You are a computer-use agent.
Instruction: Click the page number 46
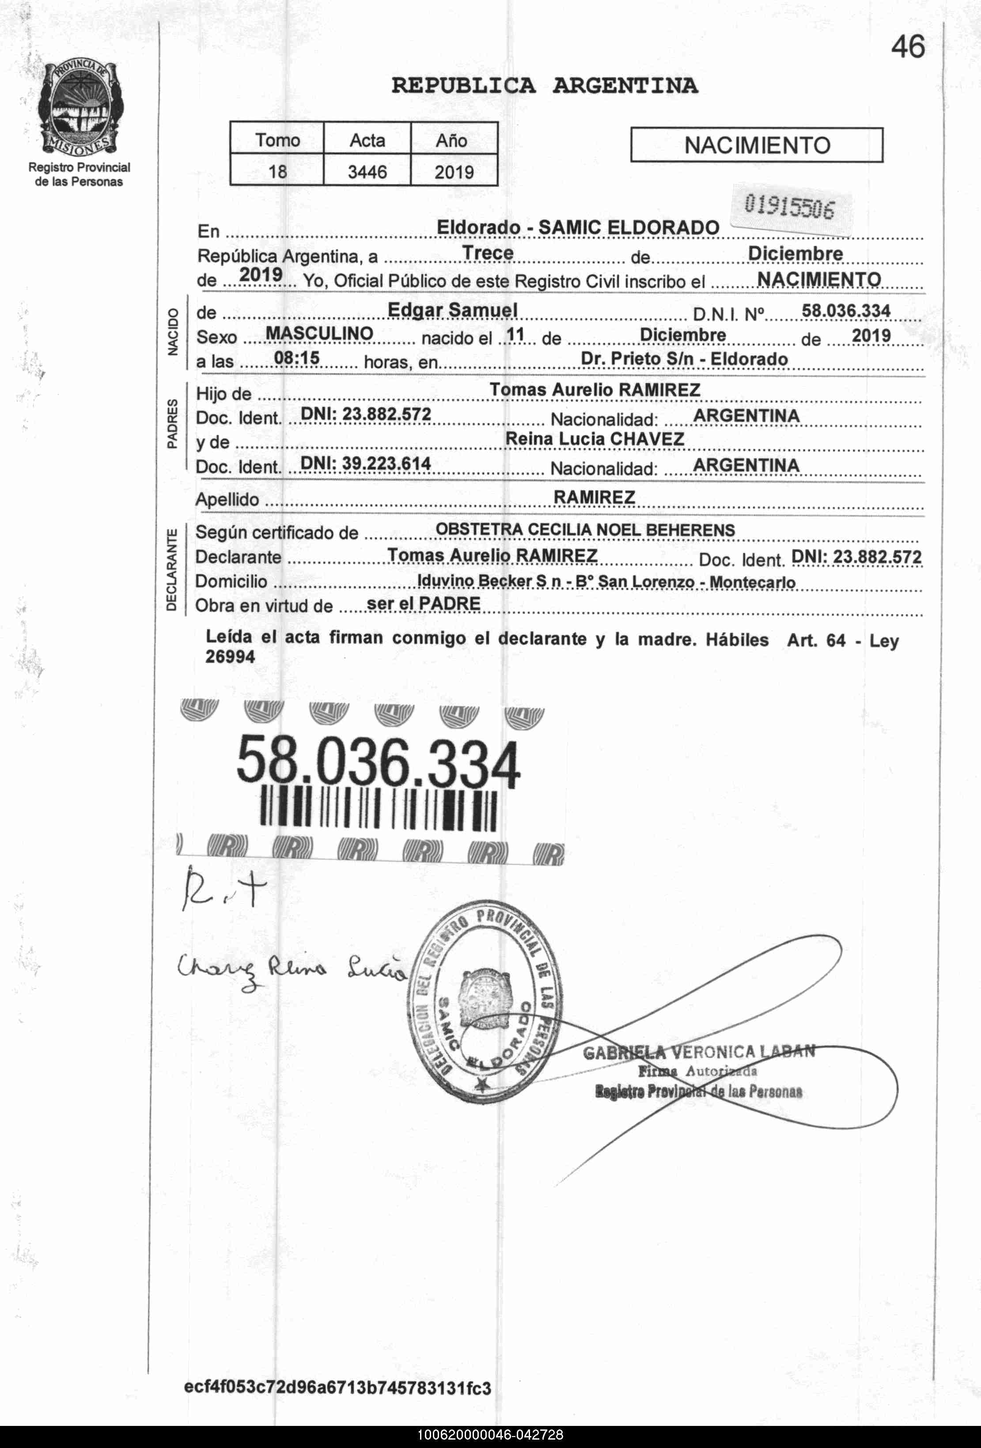(908, 47)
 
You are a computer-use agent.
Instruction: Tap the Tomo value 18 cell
(277, 171)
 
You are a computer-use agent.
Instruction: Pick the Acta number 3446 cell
(367, 171)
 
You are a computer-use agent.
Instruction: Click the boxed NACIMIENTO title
(757, 145)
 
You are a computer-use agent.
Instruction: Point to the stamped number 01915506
(789, 207)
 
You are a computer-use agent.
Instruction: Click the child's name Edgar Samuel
(452, 310)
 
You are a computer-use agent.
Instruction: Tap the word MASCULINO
(319, 334)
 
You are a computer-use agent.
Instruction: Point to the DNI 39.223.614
(366, 463)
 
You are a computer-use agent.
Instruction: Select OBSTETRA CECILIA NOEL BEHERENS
(585, 530)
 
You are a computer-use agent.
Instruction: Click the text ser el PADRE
(424, 604)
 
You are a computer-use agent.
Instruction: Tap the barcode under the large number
(378, 810)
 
